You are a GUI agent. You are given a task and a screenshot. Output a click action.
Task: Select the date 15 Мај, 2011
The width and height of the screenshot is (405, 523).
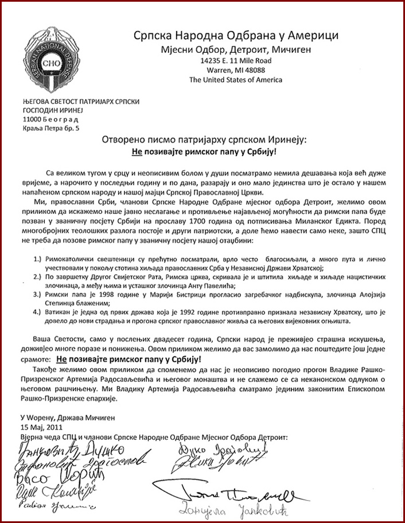(42, 427)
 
